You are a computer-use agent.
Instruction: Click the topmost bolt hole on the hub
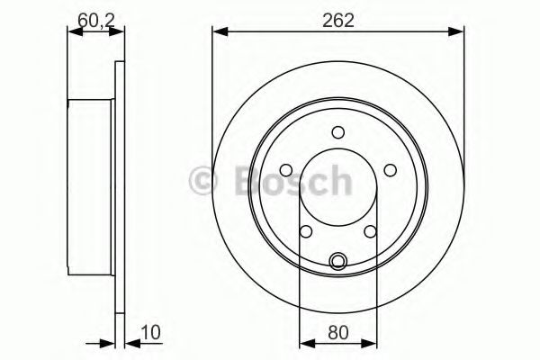[x=337, y=132]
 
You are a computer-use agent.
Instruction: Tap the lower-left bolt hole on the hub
[x=306, y=231]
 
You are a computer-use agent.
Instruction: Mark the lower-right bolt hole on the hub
[x=369, y=231]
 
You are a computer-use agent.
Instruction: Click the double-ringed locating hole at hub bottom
[x=337, y=262]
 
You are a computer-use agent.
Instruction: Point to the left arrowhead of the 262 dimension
[x=219, y=32]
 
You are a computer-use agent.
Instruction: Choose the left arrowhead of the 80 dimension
[x=303, y=343]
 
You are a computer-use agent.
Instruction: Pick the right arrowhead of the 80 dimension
[x=370, y=343]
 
